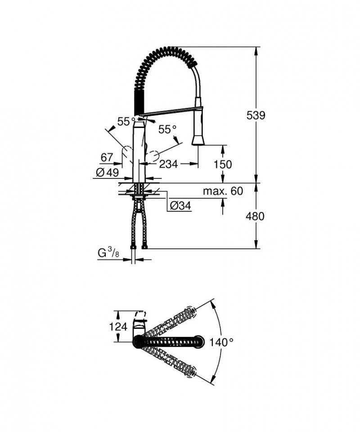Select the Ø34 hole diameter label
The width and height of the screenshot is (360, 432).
click(x=180, y=206)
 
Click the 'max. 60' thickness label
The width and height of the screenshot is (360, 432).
click(x=222, y=191)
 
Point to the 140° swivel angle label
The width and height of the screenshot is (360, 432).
click(x=221, y=342)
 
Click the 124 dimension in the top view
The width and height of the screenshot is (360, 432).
click(x=119, y=326)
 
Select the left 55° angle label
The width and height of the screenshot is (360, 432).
click(x=126, y=121)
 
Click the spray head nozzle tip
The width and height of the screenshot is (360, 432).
click(x=198, y=141)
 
